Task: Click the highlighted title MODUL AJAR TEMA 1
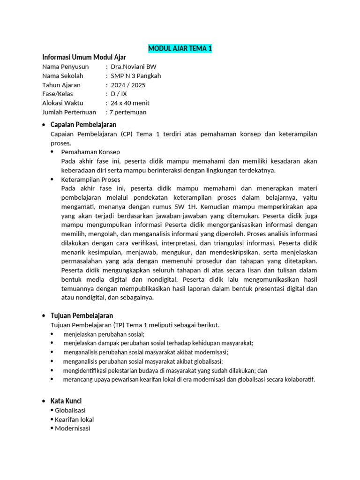click(180, 49)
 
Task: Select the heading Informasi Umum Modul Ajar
click(84, 58)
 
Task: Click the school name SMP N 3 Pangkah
click(135, 76)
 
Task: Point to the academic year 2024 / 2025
click(127, 85)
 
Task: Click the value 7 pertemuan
click(127, 112)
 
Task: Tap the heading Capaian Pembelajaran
click(83, 125)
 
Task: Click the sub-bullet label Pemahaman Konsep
click(90, 152)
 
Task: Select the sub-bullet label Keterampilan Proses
click(91, 180)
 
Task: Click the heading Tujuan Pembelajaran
click(82, 315)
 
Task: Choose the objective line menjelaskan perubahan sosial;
click(104, 334)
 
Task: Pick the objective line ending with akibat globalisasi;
click(143, 361)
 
